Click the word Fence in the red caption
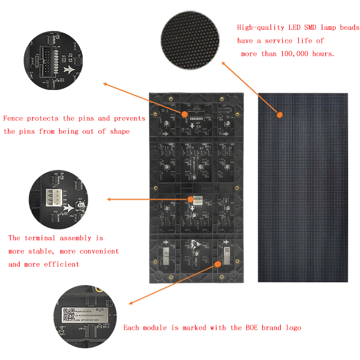pyautogui.click(x=13, y=118)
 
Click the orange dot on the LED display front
pyautogui.click(x=279, y=115)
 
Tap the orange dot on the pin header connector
pyautogui.click(x=184, y=113)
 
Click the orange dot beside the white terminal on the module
pyautogui.click(x=189, y=199)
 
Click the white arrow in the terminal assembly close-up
pyautogui.click(x=69, y=208)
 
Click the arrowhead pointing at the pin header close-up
pyautogui.click(x=105, y=84)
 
